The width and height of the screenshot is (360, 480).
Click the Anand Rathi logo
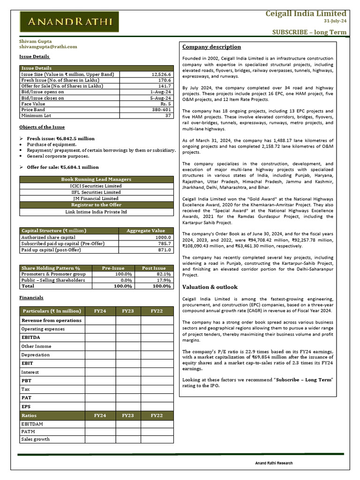click(69, 22)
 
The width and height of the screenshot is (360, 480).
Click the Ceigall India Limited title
click(306, 13)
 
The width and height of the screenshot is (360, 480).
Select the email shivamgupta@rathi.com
click(48, 47)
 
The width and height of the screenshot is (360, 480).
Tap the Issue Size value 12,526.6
click(162, 74)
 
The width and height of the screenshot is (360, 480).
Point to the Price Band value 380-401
click(161, 110)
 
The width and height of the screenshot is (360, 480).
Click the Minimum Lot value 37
click(168, 115)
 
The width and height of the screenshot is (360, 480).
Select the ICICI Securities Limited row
click(96, 186)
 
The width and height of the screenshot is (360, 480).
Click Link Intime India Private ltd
click(96, 212)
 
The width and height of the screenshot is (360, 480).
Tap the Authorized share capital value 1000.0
click(162, 237)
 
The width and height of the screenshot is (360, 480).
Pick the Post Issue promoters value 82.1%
click(163, 274)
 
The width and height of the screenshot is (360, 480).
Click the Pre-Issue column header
click(113, 268)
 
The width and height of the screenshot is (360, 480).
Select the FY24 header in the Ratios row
click(100, 415)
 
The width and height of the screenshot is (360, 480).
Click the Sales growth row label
click(35, 439)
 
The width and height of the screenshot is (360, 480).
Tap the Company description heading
click(211, 47)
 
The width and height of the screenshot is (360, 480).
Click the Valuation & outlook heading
click(210, 287)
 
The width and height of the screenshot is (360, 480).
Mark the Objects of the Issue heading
click(42, 127)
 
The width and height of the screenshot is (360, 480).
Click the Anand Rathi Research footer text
click(274, 463)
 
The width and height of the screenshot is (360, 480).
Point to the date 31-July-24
click(335, 21)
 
